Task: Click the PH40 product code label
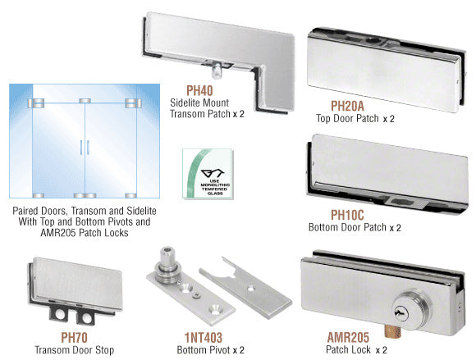point(199,90)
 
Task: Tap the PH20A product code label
point(347,106)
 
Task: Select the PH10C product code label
point(347,215)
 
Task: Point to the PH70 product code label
point(74,337)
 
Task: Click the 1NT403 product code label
point(204,337)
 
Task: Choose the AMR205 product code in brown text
point(348,337)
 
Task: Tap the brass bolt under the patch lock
point(393,331)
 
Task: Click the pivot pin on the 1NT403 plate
point(167,262)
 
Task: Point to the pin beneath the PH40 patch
point(216,71)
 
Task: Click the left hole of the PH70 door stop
point(60,314)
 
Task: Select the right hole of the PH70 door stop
point(86,317)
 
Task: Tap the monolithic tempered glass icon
point(208,174)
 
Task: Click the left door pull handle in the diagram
point(81,148)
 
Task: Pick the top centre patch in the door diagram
point(85,101)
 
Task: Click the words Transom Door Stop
point(75,350)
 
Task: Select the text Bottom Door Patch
point(347,227)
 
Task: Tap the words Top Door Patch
point(347,118)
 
